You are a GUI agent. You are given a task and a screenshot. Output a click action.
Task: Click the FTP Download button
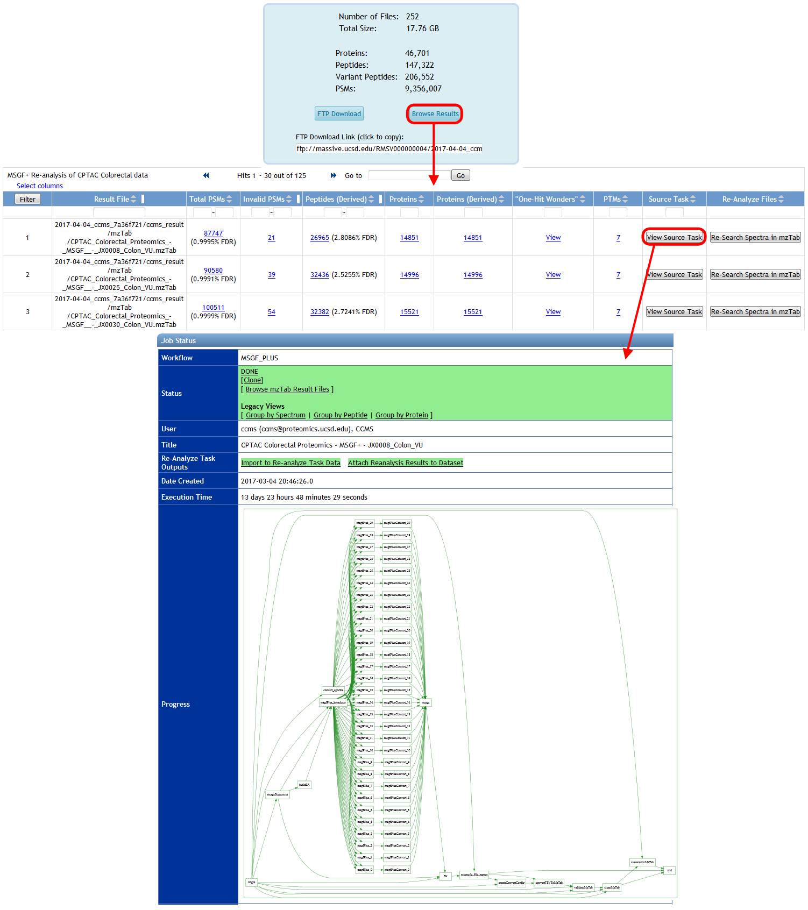(339, 113)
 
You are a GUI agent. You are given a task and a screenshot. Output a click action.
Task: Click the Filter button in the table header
(27, 199)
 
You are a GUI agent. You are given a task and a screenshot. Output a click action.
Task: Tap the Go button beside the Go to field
(460, 175)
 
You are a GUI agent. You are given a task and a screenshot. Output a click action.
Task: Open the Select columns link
(40, 186)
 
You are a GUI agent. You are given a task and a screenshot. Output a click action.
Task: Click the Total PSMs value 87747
(213, 233)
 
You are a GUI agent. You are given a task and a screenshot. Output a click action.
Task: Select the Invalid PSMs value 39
(272, 275)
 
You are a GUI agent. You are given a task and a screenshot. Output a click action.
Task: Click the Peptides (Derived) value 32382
(320, 312)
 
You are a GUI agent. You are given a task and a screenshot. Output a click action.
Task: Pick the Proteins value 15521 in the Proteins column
(409, 312)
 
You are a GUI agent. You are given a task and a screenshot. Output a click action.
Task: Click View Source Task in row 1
(674, 237)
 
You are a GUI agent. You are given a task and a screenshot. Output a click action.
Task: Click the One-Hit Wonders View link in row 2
(553, 275)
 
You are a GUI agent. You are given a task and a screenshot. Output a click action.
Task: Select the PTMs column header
(612, 199)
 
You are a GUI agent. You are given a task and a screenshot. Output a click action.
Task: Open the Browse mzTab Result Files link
(287, 389)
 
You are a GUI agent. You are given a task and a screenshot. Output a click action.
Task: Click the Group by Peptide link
(341, 415)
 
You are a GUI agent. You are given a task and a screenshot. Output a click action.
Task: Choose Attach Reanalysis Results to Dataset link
(405, 463)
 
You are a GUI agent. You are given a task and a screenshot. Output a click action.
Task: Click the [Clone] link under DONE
(252, 380)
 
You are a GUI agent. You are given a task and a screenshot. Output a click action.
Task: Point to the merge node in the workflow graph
(426, 702)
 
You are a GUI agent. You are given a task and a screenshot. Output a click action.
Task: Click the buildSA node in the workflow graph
(304, 785)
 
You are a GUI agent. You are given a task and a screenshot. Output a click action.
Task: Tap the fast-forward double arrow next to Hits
(334, 175)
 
